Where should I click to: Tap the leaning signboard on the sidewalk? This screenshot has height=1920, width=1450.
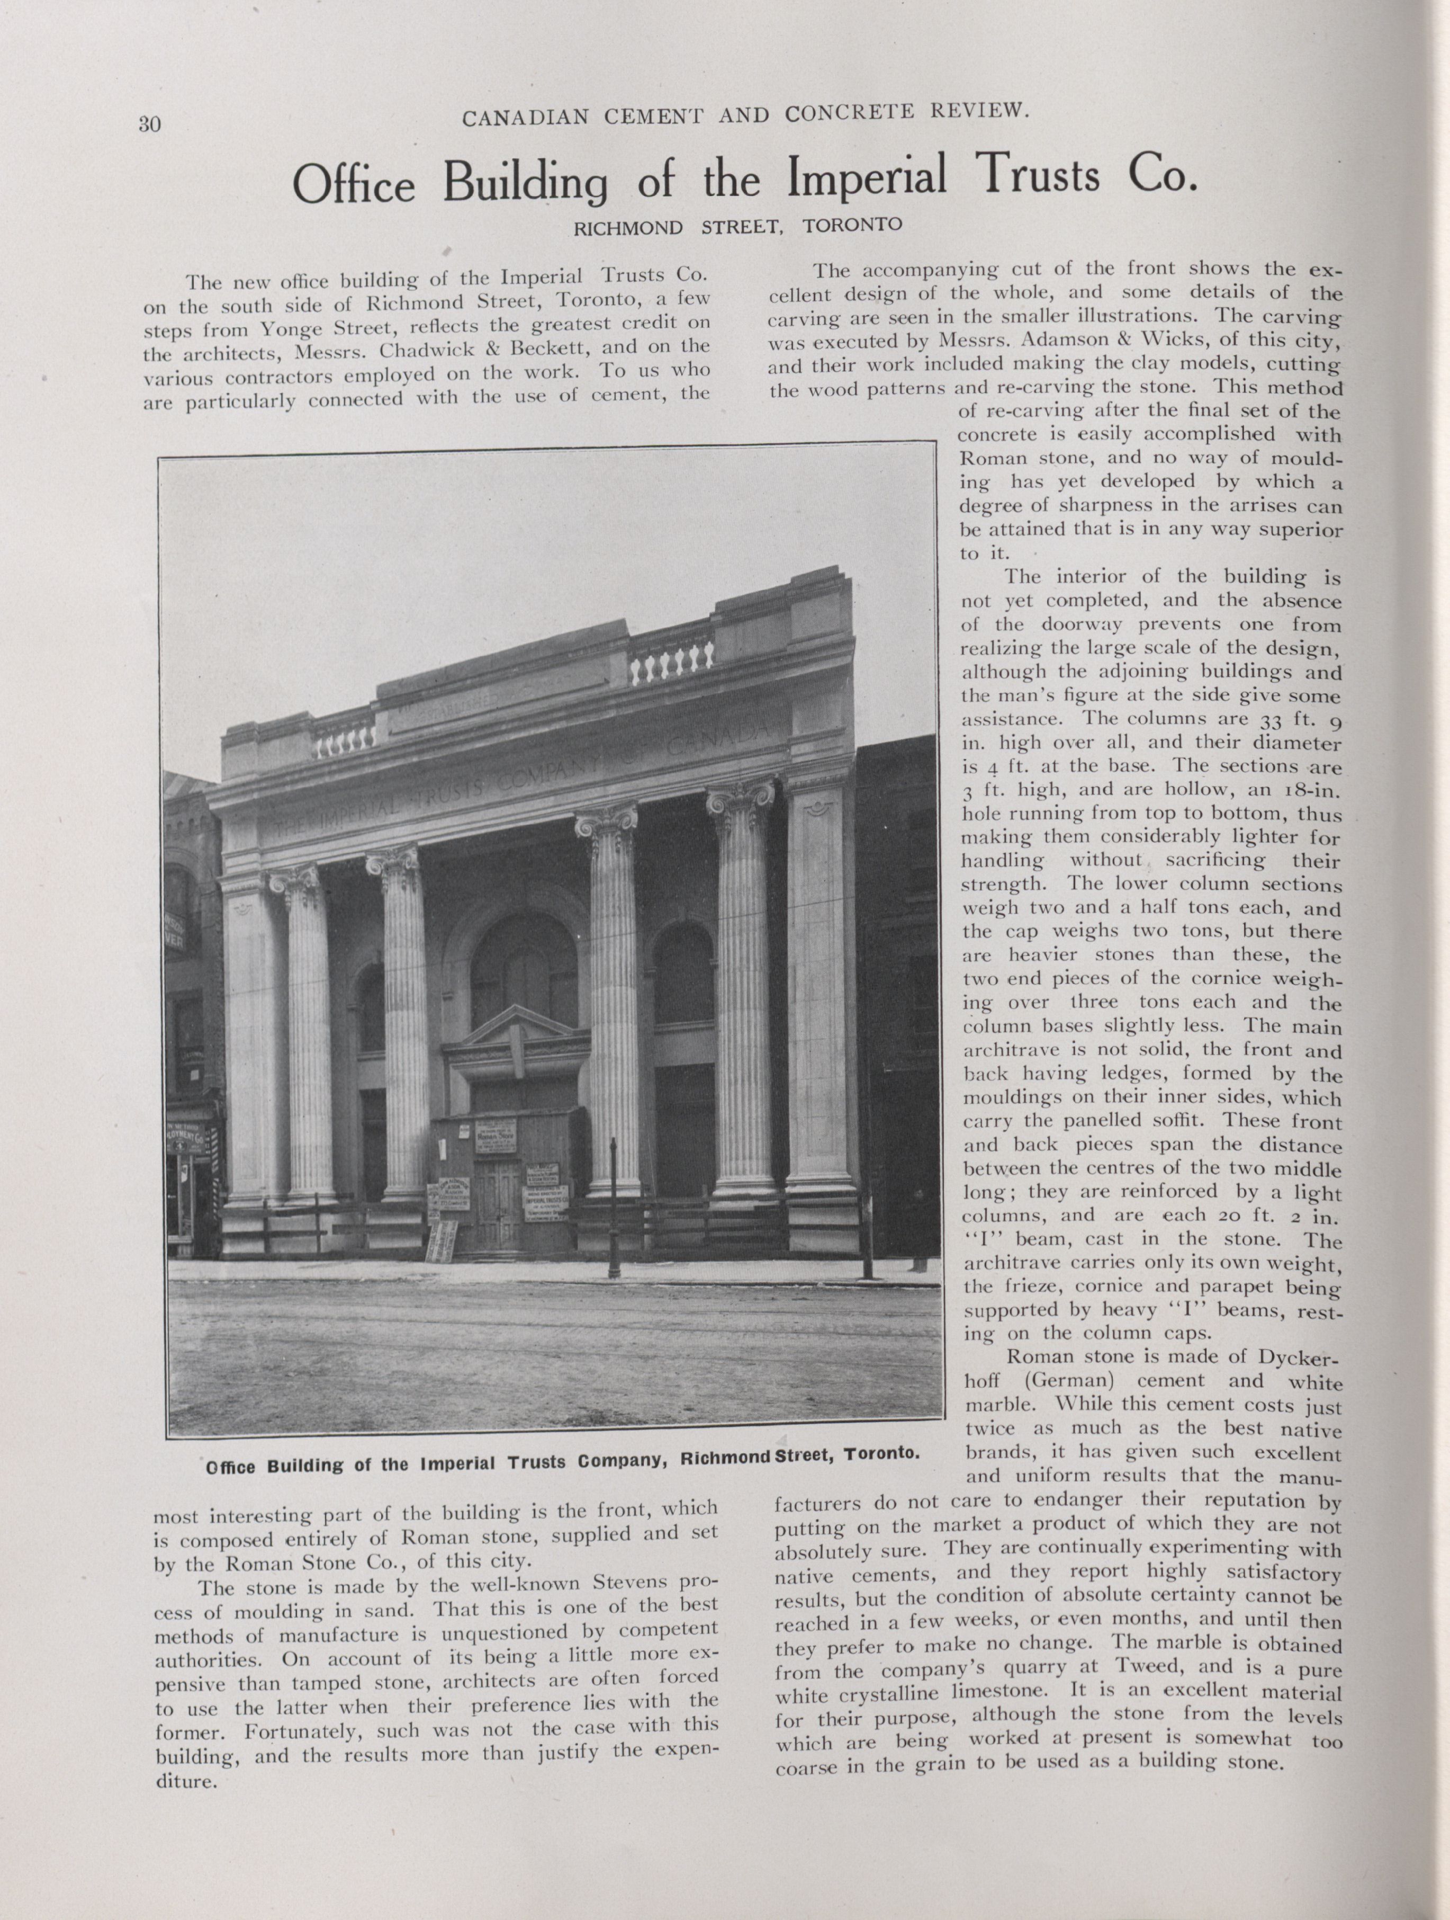441,1241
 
